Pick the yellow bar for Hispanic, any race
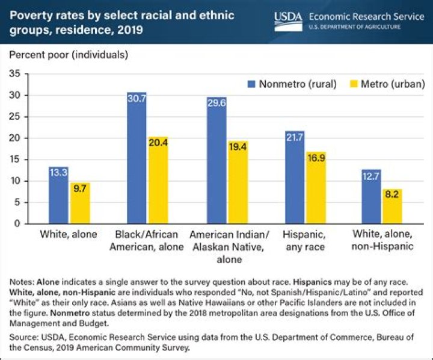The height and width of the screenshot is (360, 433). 316,191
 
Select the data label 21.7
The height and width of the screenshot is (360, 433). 295,137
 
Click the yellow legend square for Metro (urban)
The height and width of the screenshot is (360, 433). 352,84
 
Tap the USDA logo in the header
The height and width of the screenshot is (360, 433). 287,19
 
